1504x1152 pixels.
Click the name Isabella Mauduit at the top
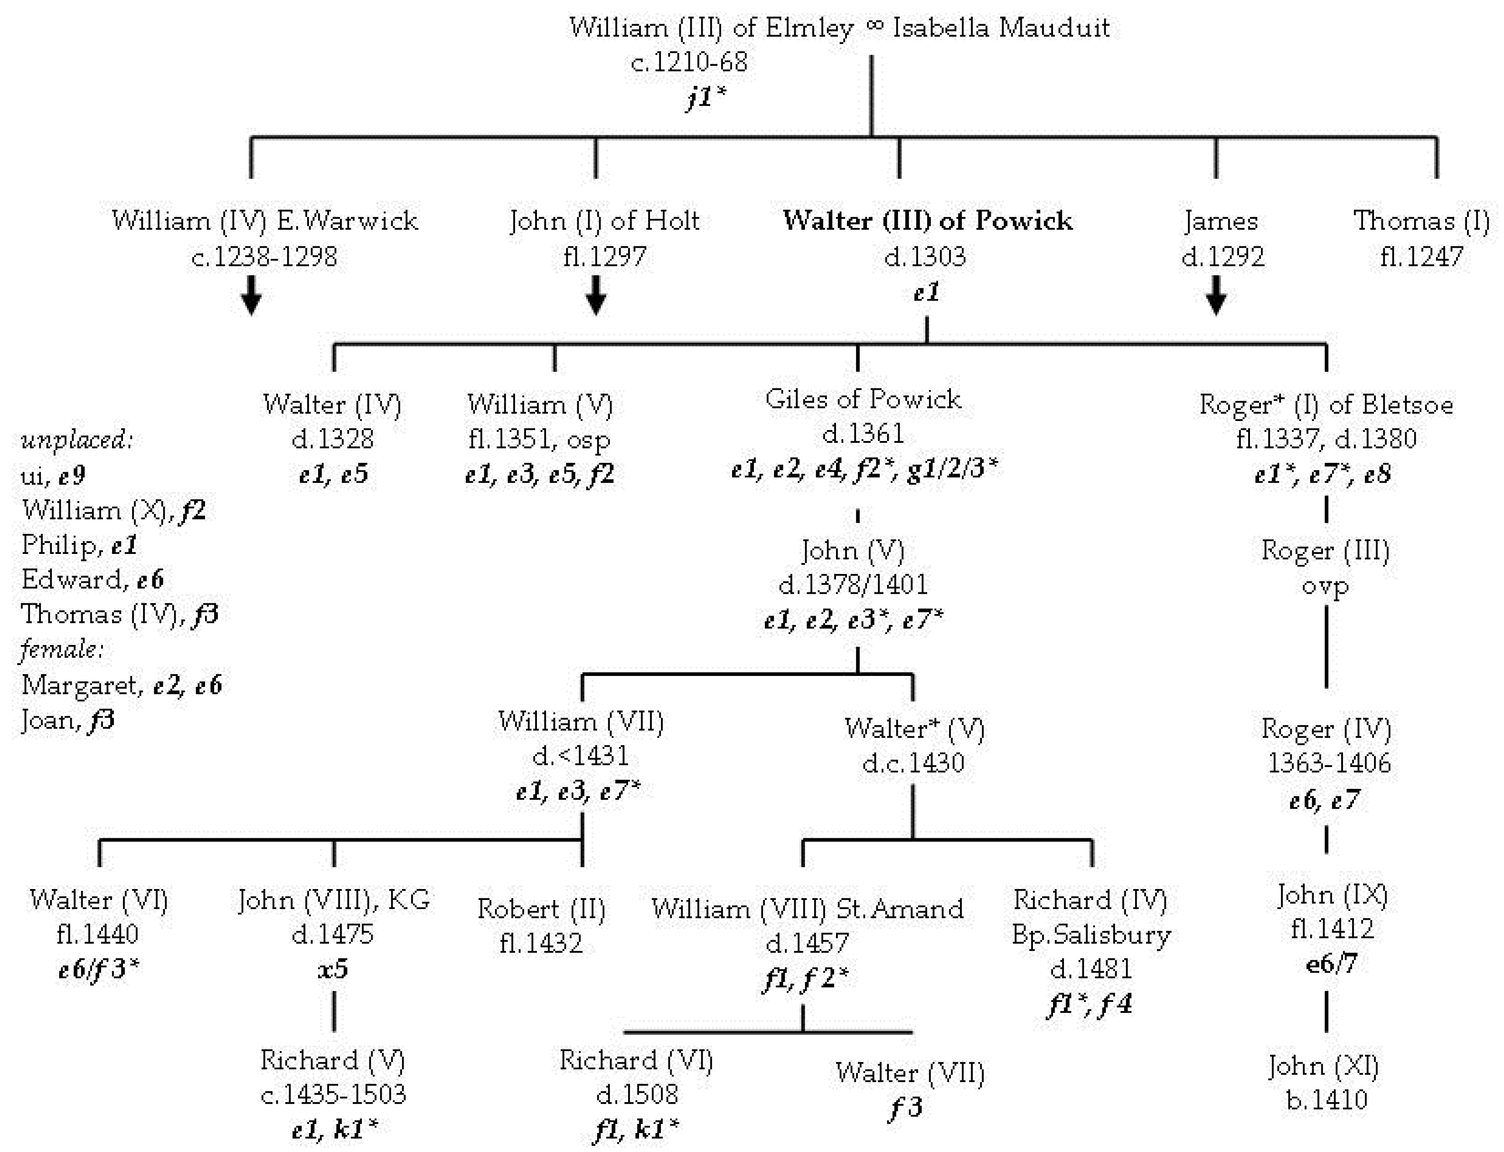(x=1001, y=28)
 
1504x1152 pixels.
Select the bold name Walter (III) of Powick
(x=928, y=221)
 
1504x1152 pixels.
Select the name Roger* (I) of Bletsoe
(x=1325, y=404)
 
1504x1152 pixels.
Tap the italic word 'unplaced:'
(x=77, y=440)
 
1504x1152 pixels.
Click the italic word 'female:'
(x=62, y=649)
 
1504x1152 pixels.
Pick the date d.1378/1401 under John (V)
(x=853, y=585)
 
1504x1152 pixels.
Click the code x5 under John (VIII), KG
(x=333, y=968)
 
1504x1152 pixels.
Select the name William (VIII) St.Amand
(x=807, y=909)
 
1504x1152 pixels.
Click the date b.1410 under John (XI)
(x=1326, y=1100)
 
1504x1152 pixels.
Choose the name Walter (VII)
(x=910, y=1073)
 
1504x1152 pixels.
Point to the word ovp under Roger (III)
(x=1325, y=586)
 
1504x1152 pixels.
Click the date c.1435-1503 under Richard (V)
(x=333, y=1095)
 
